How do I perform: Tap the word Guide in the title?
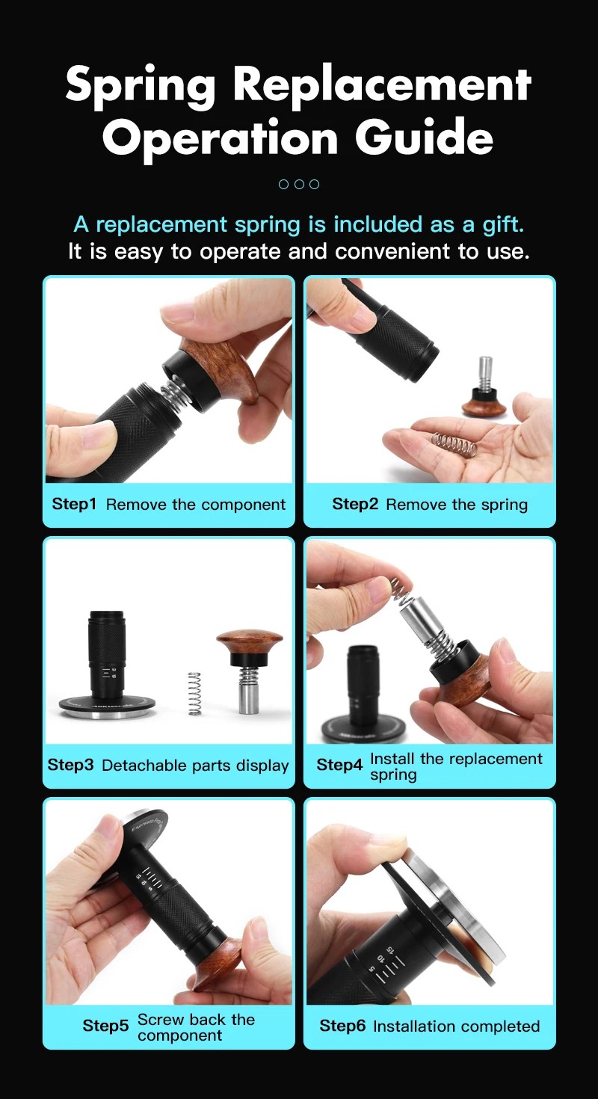click(425, 137)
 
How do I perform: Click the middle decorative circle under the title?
click(299, 184)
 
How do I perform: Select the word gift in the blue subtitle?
click(503, 224)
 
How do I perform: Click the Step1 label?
click(74, 504)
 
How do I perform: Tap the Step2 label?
click(354, 504)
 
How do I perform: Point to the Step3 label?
click(70, 765)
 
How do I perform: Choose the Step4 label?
click(339, 764)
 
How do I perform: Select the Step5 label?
click(105, 1026)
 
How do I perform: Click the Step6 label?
click(342, 1026)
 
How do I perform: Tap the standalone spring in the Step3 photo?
click(195, 693)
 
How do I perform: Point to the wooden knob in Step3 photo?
click(250, 642)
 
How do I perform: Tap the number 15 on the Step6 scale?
click(390, 951)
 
